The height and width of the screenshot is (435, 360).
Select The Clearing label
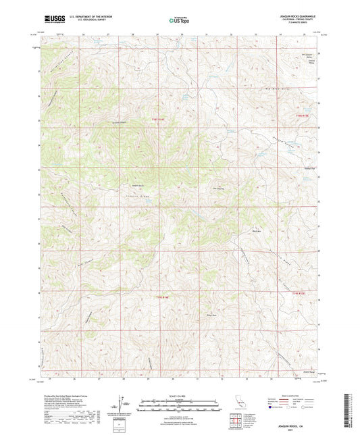(217, 188)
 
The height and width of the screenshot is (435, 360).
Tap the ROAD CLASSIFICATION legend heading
(299, 395)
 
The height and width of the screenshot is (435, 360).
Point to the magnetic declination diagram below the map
(122, 404)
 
